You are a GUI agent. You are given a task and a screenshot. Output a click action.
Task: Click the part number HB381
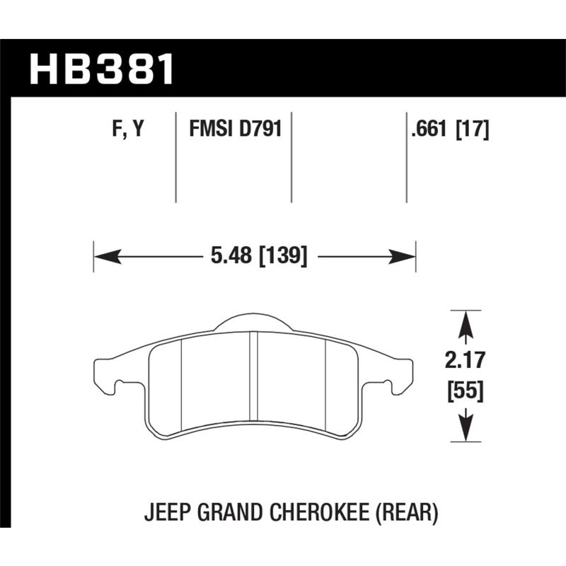coord(101,69)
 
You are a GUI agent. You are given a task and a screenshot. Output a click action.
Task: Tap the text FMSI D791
coord(235,129)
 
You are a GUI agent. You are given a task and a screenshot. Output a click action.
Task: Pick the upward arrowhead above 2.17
coord(465,324)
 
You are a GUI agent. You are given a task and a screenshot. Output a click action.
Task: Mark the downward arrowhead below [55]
coord(465,428)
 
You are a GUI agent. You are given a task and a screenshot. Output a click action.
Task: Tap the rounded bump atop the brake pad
coord(253,323)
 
